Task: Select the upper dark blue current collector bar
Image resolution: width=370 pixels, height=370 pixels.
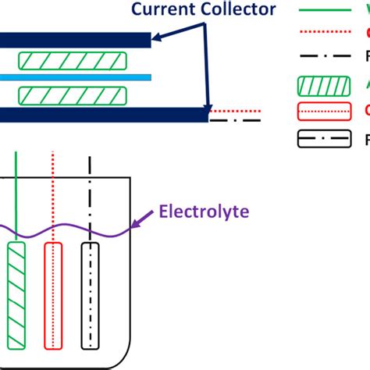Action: click(75, 39)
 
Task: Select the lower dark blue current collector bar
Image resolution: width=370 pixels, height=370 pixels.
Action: click(101, 115)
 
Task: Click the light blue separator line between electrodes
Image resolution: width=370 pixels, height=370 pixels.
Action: click(74, 77)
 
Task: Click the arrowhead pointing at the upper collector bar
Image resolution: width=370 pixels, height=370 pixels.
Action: click(155, 36)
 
